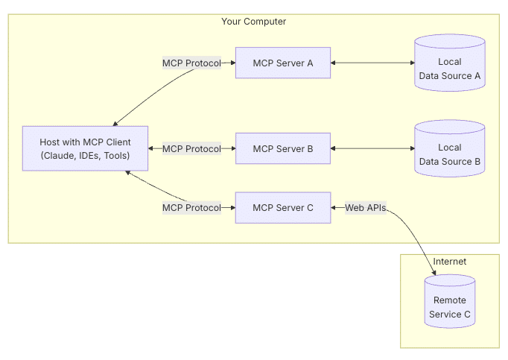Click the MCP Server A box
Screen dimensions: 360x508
coord(283,63)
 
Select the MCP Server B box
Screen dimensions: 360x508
coord(283,148)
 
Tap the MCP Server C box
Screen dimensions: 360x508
coord(283,207)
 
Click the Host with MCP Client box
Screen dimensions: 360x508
coord(85,148)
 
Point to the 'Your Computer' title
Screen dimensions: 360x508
coord(253,22)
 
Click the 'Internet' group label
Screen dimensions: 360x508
coord(450,262)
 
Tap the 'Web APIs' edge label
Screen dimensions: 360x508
coord(365,208)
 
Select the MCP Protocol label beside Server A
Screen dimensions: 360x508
coord(191,63)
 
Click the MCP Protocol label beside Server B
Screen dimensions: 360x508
coord(191,148)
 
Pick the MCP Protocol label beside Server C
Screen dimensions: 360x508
coord(191,208)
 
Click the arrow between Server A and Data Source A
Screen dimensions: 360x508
coord(372,63)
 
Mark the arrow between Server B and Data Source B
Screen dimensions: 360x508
coord(372,148)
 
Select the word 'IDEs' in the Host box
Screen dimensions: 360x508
coord(89,156)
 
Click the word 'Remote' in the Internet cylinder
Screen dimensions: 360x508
coord(450,300)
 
